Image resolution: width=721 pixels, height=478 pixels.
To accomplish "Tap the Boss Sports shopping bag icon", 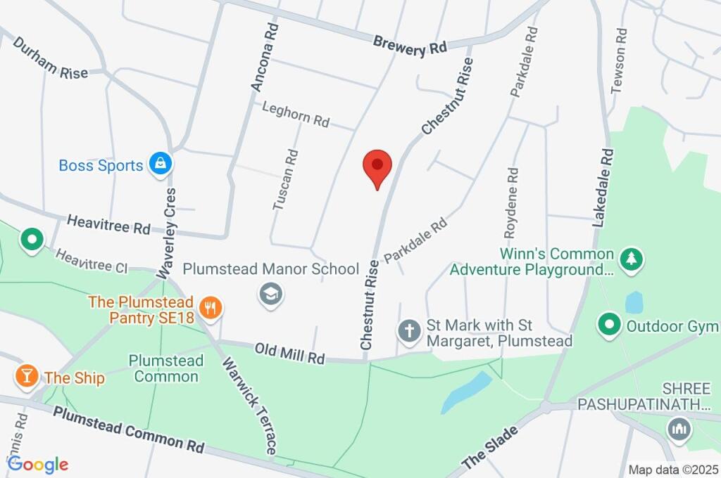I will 161,164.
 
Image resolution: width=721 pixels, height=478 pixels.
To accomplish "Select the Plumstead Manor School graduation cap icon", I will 270,295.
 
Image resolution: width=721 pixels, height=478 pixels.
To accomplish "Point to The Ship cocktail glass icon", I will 26,375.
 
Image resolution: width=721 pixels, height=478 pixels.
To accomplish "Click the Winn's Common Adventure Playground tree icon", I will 632,259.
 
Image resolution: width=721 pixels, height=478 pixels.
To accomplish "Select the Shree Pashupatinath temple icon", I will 679,428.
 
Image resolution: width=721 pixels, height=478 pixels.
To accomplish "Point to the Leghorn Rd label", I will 296,114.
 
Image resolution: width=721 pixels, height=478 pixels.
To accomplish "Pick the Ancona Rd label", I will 264,56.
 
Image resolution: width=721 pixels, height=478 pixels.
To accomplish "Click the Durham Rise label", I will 50,58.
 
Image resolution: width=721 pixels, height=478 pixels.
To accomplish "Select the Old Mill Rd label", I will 289,353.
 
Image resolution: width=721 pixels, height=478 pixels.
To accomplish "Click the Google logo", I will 38,464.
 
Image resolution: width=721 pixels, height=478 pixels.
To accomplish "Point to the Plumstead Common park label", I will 166,368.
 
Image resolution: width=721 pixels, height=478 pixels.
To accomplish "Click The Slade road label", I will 491,448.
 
